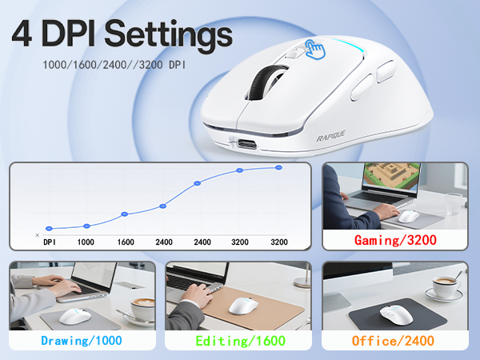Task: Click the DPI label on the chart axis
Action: [49, 242]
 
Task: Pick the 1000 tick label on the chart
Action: [86, 242]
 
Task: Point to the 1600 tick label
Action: [125, 242]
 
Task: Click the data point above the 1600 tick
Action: [125, 214]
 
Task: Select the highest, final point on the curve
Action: [279, 167]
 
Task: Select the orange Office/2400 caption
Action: [394, 341]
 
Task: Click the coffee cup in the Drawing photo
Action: [144, 307]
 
